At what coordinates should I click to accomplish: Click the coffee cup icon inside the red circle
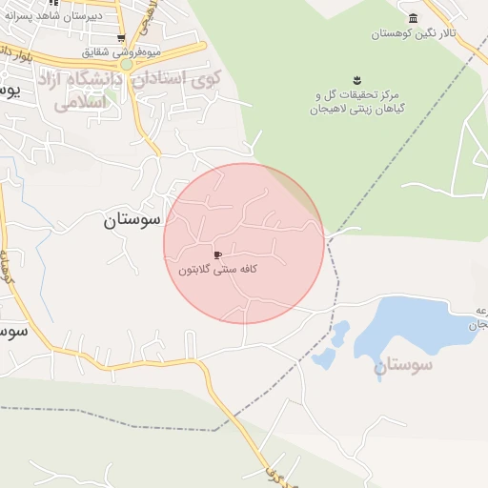click(x=218, y=255)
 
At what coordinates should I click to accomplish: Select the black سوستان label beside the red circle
click(x=132, y=221)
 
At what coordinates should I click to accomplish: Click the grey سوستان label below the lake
click(x=403, y=364)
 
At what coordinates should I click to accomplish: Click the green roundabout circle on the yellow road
click(x=127, y=64)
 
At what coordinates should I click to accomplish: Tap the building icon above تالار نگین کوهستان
click(x=413, y=19)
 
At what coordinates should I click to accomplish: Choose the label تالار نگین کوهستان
click(x=414, y=33)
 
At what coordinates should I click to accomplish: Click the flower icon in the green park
click(x=356, y=78)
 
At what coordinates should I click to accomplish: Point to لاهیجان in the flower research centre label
click(x=327, y=110)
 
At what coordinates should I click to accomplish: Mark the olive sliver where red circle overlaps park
click(x=307, y=197)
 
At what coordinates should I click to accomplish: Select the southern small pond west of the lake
click(x=324, y=358)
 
